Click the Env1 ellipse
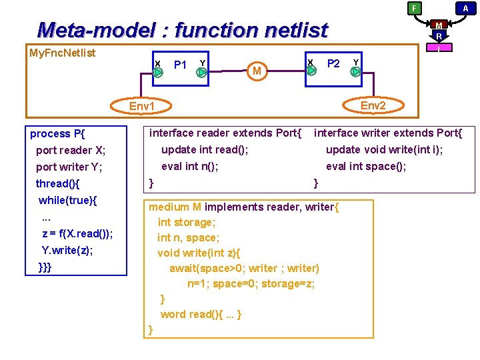(x=142, y=107)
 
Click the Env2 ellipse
(x=373, y=105)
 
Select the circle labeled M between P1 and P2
(x=256, y=70)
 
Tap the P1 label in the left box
(x=179, y=65)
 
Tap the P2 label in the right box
(x=333, y=63)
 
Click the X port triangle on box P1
(x=158, y=73)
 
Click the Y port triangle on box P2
(x=356, y=71)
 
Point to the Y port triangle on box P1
(x=201, y=73)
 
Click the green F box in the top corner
(x=415, y=8)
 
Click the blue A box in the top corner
(x=465, y=8)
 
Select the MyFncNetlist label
(x=63, y=53)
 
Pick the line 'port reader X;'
(x=71, y=150)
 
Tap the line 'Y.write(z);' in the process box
(x=67, y=251)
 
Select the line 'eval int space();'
(x=366, y=167)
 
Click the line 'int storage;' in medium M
(x=187, y=222)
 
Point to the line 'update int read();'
(x=205, y=149)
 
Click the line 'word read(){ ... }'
(x=201, y=314)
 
